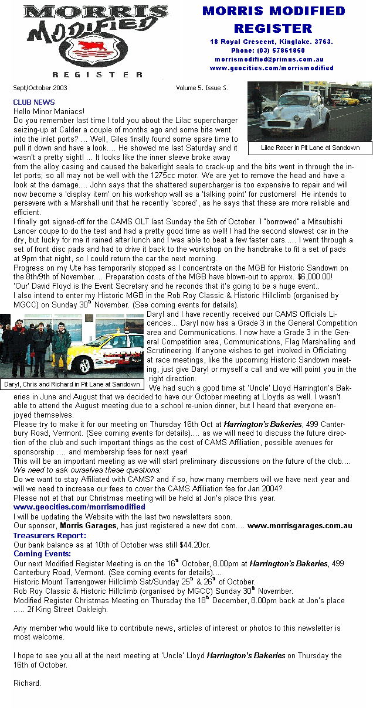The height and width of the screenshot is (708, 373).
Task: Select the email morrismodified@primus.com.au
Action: [269, 59]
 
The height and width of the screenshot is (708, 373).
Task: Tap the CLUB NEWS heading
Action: [34, 102]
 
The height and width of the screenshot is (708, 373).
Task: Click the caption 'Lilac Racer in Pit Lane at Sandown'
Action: [310, 148]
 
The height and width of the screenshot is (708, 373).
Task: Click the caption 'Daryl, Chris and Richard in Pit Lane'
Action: [72, 384]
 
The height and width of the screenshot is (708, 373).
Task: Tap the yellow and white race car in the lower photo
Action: [108, 351]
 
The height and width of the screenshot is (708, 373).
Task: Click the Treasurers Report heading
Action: [50, 535]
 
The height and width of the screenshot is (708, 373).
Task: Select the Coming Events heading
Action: [42, 553]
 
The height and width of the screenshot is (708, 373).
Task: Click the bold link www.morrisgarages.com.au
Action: [300, 526]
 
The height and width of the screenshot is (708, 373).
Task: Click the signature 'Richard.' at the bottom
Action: [27, 683]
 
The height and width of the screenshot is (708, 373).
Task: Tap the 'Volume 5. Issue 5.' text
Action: [202, 88]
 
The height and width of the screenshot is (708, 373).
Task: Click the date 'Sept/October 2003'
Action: [40, 88]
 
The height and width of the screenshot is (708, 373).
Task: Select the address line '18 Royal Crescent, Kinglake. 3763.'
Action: [272, 42]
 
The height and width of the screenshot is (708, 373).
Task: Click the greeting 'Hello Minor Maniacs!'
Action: [49, 111]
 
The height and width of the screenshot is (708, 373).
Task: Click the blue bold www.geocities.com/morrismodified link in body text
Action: [79, 507]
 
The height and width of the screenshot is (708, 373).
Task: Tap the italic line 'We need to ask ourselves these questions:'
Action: [87, 470]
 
